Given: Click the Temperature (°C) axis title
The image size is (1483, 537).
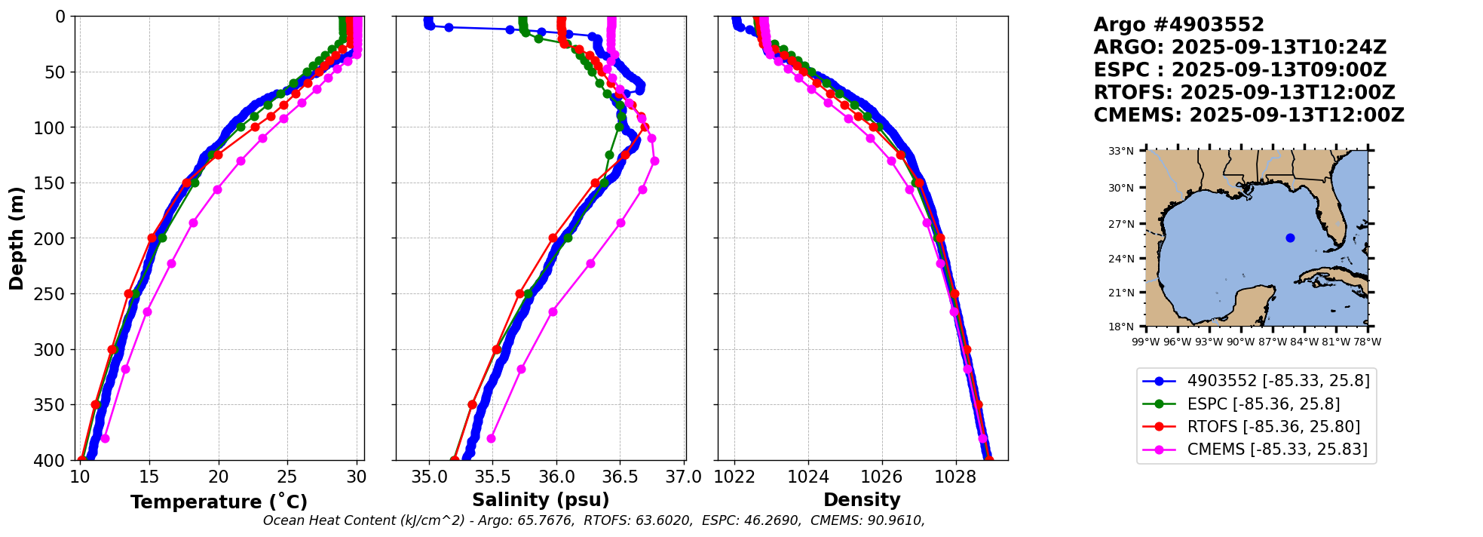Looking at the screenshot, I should pyautogui.click(x=219, y=502).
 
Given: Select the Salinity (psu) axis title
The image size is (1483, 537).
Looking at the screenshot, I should pyautogui.click(x=541, y=500).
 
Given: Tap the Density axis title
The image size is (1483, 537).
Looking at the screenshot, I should pyautogui.click(x=862, y=500).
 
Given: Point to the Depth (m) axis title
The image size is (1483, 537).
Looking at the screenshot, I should pyautogui.click(x=17, y=238).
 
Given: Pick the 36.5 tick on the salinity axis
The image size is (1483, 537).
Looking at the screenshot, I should pyautogui.click(x=620, y=477).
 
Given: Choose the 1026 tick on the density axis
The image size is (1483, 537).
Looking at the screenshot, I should pyautogui.click(x=882, y=477).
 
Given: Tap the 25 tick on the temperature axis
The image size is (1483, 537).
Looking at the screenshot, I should pyautogui.click(x=288, y=477).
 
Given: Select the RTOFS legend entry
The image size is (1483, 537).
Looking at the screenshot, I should pyautogui.click(x=1273, y=427).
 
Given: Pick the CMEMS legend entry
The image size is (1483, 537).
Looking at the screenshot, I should pyautogui.click(x=1276, y=450).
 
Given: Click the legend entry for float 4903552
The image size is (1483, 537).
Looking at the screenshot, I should pyautogui.click(x=1278, y=381).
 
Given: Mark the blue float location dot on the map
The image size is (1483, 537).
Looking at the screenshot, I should pyautogui.click(x=1290, y=238).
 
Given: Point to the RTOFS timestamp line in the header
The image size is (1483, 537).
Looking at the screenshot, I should pyautogui.click(x=1244, y=93).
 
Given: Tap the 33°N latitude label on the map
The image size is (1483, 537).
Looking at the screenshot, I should pyautogui.click(x=1121, y=152).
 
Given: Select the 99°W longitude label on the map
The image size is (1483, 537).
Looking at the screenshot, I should pyautogui.click(x=1146, y=342).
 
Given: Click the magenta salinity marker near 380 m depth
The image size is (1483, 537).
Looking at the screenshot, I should pyautogui.click(x=491, y=438).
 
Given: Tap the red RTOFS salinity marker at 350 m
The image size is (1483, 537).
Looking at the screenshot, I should pyautogui.click(x=472, y=405).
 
